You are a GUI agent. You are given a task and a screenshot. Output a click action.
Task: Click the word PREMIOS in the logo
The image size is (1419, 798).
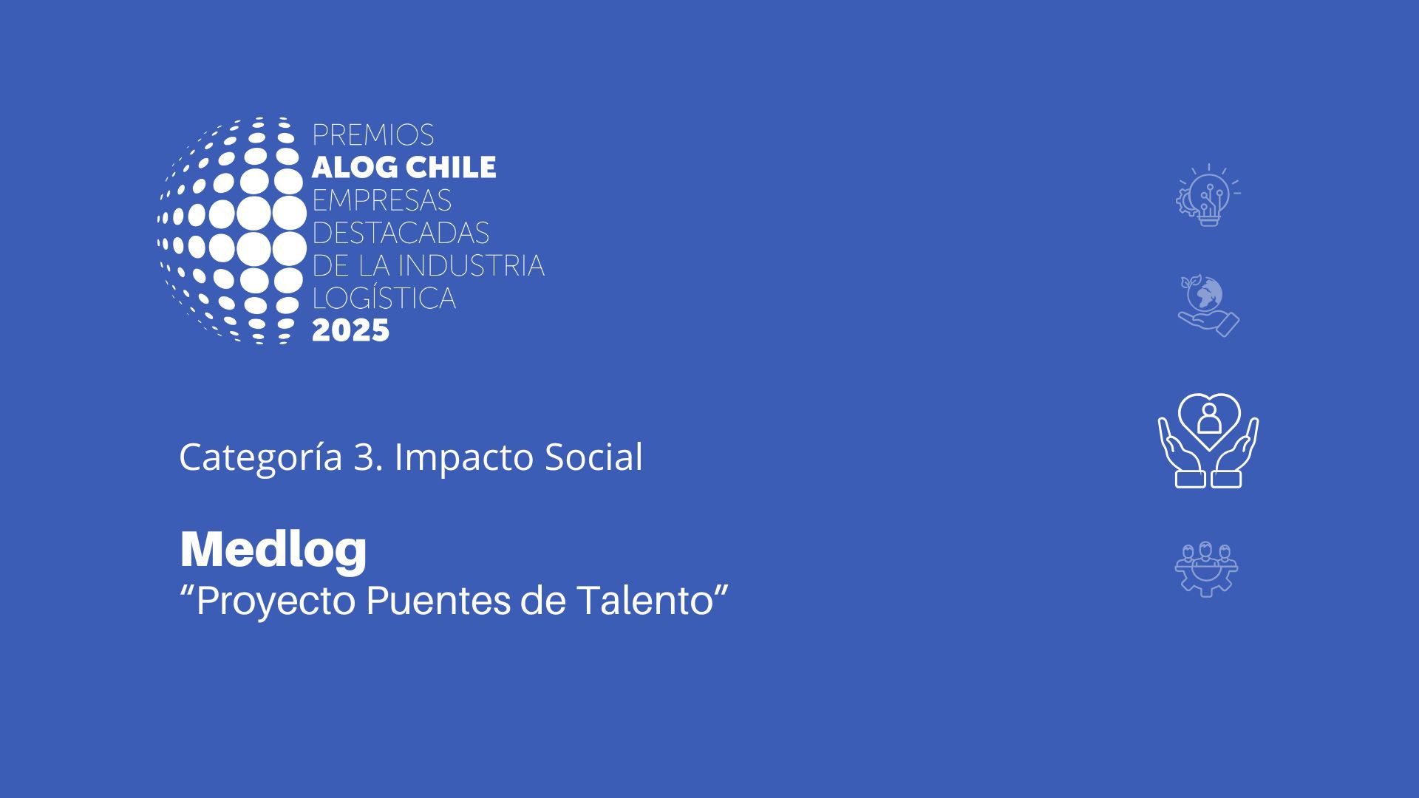(372, 135)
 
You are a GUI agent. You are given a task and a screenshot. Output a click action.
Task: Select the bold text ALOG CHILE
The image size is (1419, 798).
(404, 168)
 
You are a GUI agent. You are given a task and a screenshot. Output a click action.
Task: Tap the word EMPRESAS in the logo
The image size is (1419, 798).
(381, 200)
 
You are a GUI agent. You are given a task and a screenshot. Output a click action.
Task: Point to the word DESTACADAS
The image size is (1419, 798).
(401, 233)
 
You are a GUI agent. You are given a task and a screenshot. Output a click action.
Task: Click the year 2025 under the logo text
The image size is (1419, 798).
(350, 330)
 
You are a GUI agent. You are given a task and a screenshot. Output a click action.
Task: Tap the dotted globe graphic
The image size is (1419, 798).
(232, 230)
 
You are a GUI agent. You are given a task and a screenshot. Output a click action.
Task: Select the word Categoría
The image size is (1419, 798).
(261, 458)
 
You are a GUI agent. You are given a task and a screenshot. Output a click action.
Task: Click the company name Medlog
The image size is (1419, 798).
(273, 550)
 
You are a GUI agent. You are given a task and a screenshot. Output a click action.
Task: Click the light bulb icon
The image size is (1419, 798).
(1208, 196)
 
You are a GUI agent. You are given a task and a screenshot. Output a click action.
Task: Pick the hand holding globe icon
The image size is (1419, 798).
(1208, 307)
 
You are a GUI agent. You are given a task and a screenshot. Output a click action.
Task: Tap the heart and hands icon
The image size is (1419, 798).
(1208, 440)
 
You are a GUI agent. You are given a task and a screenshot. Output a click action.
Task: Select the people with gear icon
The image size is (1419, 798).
(1207, 570)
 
